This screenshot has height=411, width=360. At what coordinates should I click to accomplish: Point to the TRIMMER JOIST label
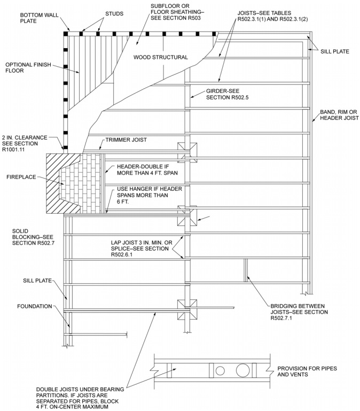pyautogui.click(x=126, y=139)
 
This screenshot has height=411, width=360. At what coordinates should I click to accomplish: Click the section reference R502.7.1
pyautogui.click(x=286, y=319)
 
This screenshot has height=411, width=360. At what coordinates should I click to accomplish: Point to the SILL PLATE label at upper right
pyautogui.click(x=335, y=51)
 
